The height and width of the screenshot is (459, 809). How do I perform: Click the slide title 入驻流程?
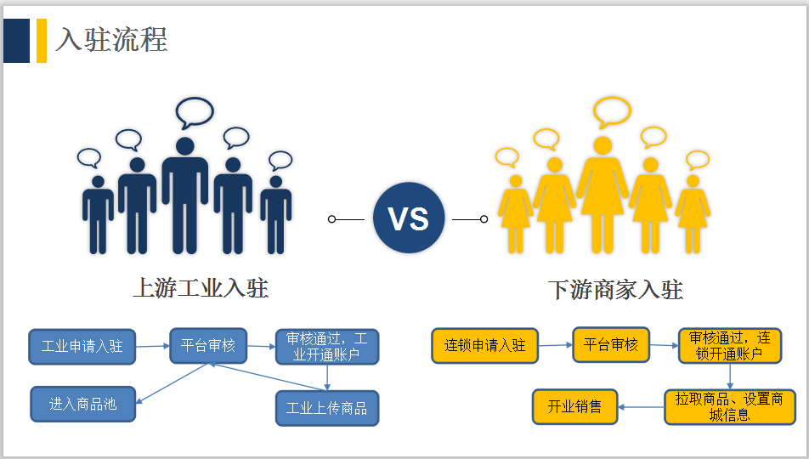coord(111,40)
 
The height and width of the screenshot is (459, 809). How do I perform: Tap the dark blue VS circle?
coord(409,218)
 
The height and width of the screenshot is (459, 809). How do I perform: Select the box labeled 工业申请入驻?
coord(82,347)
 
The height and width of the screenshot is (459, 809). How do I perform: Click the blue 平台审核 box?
coord(208,346)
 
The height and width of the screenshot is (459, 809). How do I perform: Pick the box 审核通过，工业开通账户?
coord(327,347)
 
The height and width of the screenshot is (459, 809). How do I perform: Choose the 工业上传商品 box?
coord(327,408)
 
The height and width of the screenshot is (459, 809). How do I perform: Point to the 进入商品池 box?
coord(82,404)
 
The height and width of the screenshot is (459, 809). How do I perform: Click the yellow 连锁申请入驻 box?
coord(484,346)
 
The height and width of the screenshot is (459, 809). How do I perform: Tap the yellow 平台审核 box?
coord(610,345)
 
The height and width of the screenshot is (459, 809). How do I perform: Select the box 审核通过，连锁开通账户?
coord(729,346)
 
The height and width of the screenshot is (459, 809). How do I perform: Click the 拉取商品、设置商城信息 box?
coord(729,406)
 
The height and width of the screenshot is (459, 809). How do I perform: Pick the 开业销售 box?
coord(574,406)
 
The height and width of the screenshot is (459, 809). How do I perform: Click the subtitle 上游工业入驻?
coord(201,288)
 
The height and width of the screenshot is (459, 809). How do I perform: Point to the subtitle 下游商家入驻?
coord(615,290)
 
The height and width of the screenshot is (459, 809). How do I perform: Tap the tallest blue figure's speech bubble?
coord(194,111)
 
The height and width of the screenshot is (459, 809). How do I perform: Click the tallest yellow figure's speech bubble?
coord(612,110)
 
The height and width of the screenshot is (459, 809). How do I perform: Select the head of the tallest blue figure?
coord(185,145)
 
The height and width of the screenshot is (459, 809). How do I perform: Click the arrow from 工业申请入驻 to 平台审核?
coord(152,346)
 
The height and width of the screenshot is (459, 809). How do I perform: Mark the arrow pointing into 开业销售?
coord(640,406)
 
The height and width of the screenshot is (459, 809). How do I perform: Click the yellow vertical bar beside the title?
coord(42,41)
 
